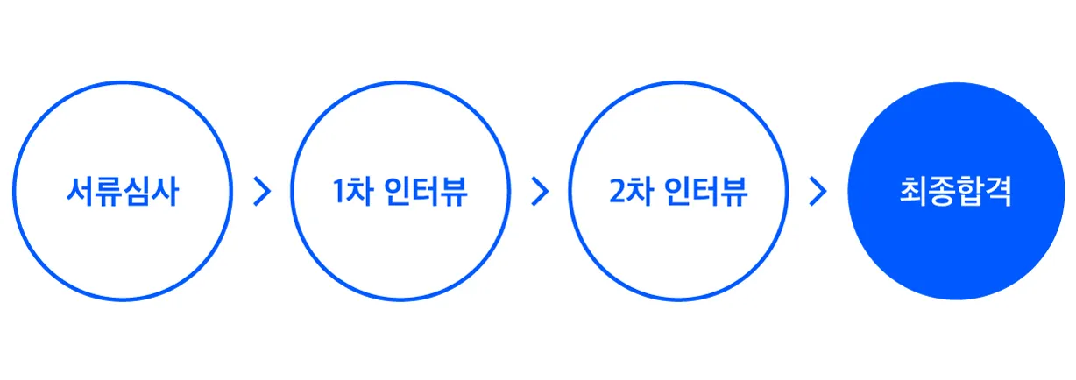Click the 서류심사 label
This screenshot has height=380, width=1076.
pos(123,192)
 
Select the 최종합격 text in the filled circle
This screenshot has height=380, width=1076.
pos(956,192)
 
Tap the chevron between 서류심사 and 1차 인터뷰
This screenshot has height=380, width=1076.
pos(261,192)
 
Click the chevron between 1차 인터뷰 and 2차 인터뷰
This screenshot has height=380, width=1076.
pos(540,192)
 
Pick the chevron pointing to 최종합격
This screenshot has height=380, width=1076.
pos(818,192)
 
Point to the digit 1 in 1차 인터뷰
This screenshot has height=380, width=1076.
pos(339,193)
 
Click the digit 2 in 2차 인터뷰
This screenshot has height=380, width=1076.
pos(618,193)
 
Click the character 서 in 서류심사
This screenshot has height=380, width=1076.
pos(81,192)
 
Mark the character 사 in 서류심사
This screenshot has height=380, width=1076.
pos(165,192)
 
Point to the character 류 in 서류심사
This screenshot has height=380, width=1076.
pos(109,192)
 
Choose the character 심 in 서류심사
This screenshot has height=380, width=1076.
pos(137,192)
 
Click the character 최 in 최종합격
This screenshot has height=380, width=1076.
pos(913,192)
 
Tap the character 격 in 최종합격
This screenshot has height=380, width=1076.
pos(999,192)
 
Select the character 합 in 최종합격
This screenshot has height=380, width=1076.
pos(970,192)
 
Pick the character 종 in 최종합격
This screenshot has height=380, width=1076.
pos(941,192)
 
